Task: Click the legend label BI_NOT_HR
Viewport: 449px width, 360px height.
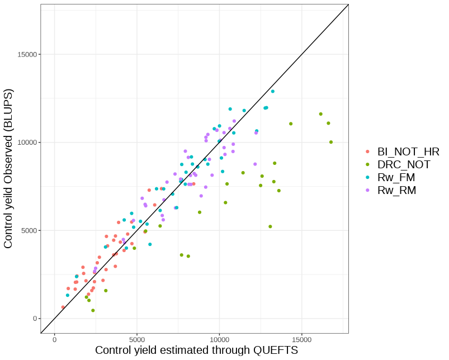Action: coord(408,151)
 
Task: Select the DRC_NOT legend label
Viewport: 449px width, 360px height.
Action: coord(404,165)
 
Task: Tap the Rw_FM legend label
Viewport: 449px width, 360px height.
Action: coord(396,178)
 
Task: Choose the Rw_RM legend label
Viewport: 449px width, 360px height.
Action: coord(397,191)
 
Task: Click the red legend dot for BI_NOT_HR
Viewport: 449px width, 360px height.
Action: coord(367,151)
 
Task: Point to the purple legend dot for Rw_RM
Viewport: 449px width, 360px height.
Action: coord(367,191)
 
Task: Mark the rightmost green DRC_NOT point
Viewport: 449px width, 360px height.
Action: coord(331,142)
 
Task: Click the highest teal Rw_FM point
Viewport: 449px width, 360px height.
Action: coord(273,91)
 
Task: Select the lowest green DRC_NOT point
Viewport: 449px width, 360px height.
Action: coord(93,310)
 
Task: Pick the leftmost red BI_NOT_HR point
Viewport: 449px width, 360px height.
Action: coord(63,307)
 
